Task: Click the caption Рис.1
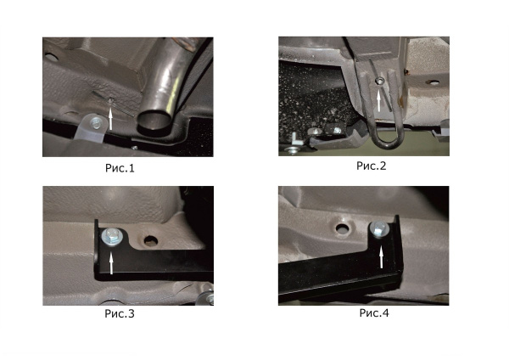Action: point(120,168)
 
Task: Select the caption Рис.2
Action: point(371,166)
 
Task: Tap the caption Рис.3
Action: point(120,313)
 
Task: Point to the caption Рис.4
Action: point(374,312)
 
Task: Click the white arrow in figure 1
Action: point(111,119)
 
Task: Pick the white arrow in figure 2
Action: point(378,101)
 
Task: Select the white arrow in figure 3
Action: point(111,263)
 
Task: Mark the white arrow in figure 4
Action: point(382,257)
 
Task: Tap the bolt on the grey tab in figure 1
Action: point(95,123)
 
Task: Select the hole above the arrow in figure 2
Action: point(378,81)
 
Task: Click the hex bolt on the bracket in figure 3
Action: point(111,237)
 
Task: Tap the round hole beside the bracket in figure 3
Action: point(151,241)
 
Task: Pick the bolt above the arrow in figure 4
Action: point(379,229)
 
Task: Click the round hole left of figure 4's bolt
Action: point(342,228)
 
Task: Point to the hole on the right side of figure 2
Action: point(433,82)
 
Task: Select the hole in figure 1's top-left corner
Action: point(51,58)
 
